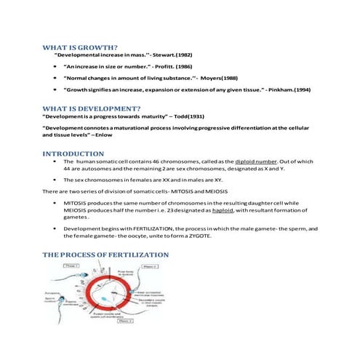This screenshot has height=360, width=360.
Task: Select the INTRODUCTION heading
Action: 73,154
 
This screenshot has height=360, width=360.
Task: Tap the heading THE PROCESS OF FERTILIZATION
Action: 105,255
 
